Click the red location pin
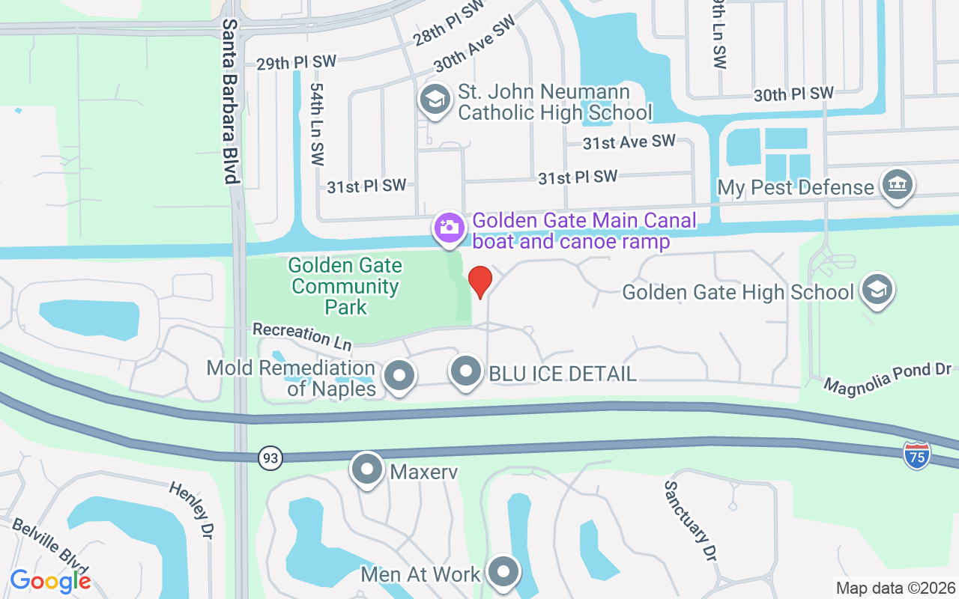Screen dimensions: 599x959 (479, 282)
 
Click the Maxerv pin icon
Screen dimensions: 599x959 (367, 470)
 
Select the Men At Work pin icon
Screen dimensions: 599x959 (503, 573)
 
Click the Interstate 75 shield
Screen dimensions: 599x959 (917, 455)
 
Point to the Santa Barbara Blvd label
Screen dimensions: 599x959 (230, 101)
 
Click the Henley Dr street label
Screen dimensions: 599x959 (190, 509)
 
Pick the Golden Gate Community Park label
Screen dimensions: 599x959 (346, 286)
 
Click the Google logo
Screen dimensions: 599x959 (51, 580)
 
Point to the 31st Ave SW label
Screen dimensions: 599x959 (629, 142)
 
